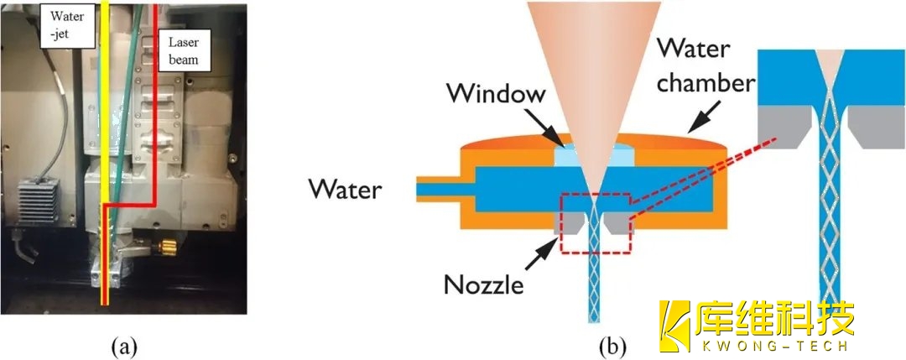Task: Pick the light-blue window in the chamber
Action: pyautogui.click(x=591, y=155)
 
